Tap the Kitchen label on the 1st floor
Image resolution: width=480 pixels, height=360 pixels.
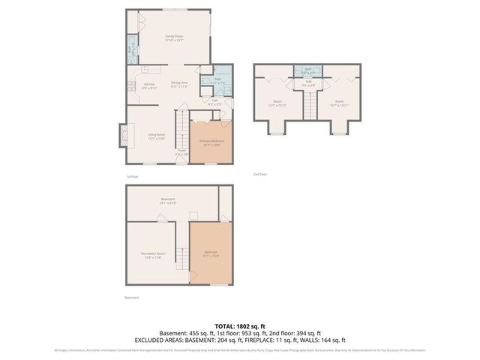pos(149,85)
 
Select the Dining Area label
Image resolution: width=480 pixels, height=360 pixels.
pos(178,84)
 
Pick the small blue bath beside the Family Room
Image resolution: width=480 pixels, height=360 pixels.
pos(130,52)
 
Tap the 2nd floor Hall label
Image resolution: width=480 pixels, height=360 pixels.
pos(308,85)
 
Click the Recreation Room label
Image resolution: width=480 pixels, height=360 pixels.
pos(154,255)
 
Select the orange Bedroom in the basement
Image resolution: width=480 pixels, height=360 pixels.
pos(210,253)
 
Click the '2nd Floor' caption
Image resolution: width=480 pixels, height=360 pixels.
pos(259,174)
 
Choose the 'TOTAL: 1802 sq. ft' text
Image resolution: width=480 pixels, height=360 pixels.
pos(239,326)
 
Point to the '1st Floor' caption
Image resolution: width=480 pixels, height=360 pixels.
pos(133,176)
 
